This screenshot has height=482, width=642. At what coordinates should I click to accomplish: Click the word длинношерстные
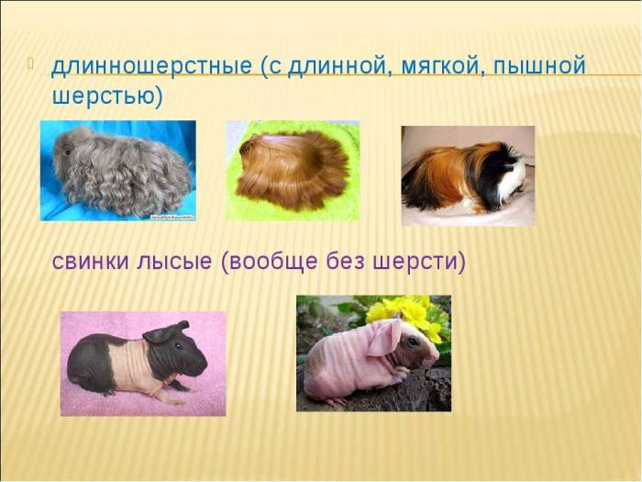[151, 67]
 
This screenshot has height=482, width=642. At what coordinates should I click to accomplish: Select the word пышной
[540, 67]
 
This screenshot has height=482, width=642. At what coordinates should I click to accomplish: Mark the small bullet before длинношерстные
[32, 64]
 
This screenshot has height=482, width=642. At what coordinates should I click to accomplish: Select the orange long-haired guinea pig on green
[292, 170]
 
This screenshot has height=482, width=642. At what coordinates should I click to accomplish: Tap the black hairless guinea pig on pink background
[138, 363]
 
